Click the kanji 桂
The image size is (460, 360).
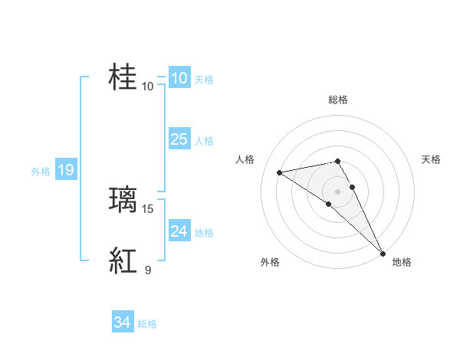click(123, 77)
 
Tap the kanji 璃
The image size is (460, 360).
click(123, 200)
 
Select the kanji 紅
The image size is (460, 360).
click(123, 261)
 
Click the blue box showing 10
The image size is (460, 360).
click(179, 77)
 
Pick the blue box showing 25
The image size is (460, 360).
click(179, 139)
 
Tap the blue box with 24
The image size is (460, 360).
click(179, 231)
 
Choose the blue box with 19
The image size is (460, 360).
click(65, 170)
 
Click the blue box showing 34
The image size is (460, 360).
click(122, 322)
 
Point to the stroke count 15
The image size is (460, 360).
click(148, 208)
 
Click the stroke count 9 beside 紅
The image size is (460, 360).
click(148, 270)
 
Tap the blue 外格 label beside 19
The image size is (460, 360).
click(41, 172)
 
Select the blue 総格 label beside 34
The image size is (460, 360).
click(147, 324)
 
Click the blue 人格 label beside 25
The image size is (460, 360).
click(204, 141)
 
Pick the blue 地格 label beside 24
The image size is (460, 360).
click(204, 233)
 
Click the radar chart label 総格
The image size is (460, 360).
click(338, 100)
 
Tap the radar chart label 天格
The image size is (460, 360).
click(432, 159)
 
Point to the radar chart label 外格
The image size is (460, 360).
click(270, 263)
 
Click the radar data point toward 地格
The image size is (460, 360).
click(383, 253)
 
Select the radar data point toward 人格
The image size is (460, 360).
click(280, 172)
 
